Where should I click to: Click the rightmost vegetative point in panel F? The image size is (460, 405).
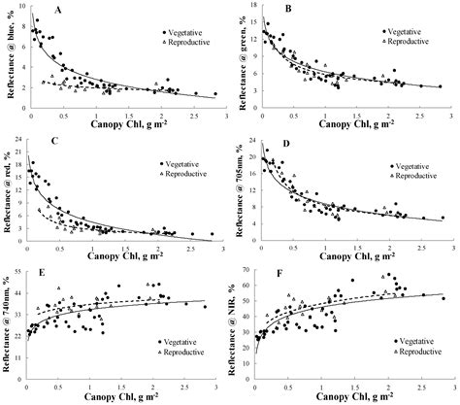(x=444, y=299)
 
